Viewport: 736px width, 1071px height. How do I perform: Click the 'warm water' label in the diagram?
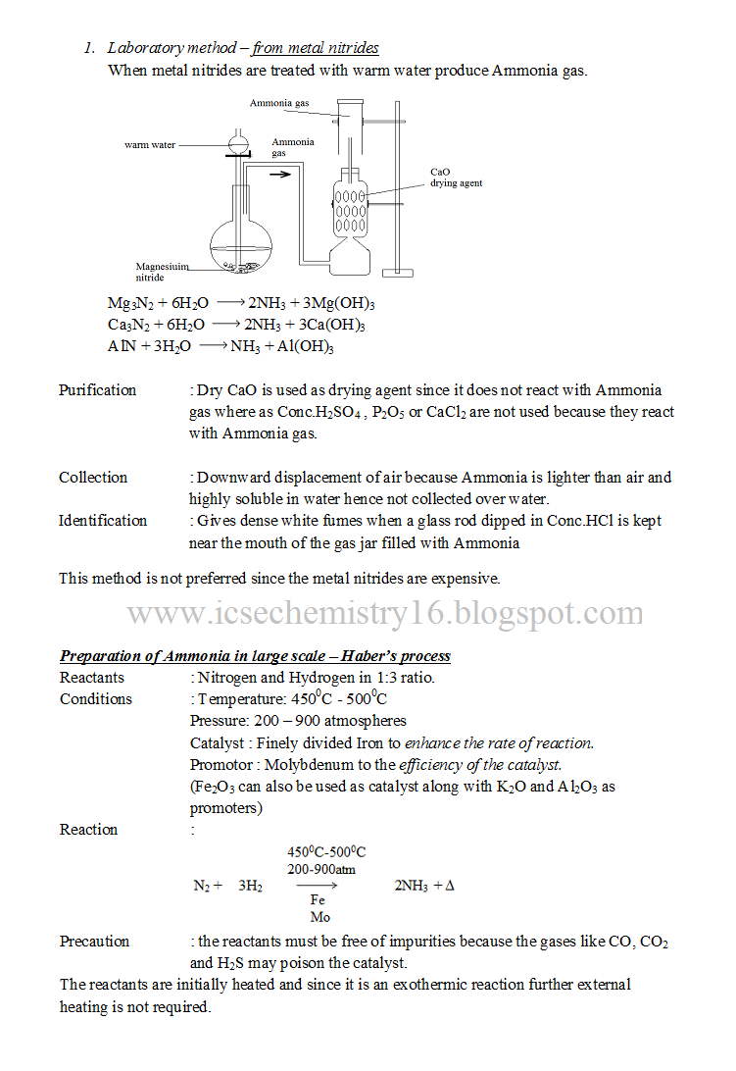pos(150,145)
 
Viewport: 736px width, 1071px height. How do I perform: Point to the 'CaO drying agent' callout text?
pos(456,178)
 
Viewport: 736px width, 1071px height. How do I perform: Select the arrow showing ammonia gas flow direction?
pos(280,176)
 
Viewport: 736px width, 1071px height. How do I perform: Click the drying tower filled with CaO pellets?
pos(350,207)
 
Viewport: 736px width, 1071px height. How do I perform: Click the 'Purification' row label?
pos(97,390)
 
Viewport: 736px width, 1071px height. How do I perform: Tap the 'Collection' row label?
pos(93,478)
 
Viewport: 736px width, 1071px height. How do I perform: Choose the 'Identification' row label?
pos(103,521)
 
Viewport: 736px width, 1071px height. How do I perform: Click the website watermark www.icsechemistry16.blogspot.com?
pos(385,614)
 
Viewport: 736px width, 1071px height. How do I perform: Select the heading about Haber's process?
pos(255,656)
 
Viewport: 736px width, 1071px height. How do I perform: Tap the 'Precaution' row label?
pos(94,942)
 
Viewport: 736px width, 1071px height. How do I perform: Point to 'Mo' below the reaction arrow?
pos(319,917)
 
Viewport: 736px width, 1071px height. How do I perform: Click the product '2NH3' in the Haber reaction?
pos(411,886)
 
